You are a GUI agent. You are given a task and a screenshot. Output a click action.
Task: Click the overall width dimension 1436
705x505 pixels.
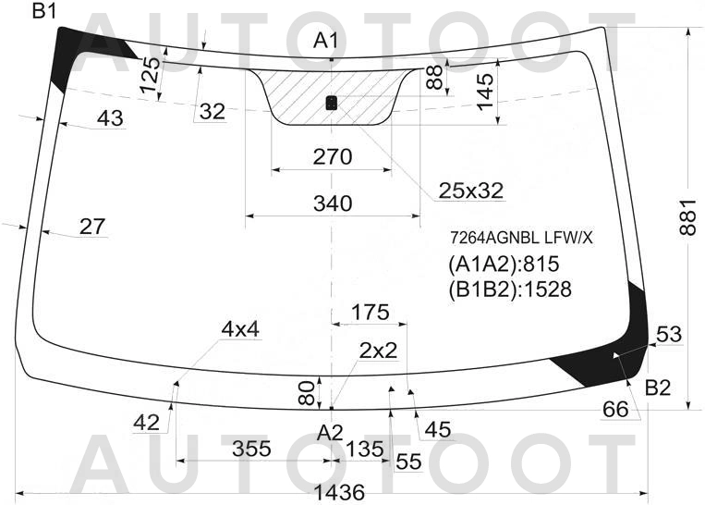click(x=338, y=492)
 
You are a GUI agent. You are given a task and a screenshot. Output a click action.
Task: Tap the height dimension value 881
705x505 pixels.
click(x=687, y=217)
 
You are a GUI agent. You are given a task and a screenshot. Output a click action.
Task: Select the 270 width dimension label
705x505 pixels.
click(x=333, y=156)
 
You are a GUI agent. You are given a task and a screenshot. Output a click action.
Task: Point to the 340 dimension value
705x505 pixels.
click(x=333, y=203)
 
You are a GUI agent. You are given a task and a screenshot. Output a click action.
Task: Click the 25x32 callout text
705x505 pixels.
click(x=470, y=191)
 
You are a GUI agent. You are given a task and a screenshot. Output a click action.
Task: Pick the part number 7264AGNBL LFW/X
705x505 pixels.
click(x=521, y=238)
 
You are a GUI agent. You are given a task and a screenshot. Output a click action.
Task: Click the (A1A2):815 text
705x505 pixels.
click(x=504, y=264)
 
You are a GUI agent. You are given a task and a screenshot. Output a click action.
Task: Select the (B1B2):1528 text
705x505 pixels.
click(x=510, y=289)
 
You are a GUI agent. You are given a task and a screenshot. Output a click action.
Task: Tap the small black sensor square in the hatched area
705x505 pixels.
click(x=332, y=103)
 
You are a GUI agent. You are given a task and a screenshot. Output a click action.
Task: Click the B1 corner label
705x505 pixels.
click(x=44, y=10)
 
